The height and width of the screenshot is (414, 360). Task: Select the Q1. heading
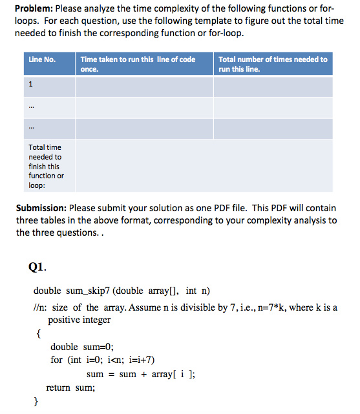pyautogui.click(x=37, y=266)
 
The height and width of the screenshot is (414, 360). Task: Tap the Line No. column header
pyautogui.click(x=42, y=59)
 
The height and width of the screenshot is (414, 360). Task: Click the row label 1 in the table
pyautogui.click(x=30, y=84)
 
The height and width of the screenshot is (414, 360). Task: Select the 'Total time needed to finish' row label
pyautogui.click(x=45, y=166)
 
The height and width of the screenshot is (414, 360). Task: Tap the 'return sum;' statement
pyautogui.click(x=70, y=388)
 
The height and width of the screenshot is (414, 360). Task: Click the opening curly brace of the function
pyautogui.click(x=37, y=334)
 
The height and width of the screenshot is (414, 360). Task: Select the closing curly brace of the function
pyautogui.click(x=37, y=401)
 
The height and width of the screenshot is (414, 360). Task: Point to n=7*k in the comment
pyautogui.click(x=259, y=307)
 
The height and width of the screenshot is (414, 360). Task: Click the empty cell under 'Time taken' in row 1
pyautogui.click(x=143, y=86)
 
